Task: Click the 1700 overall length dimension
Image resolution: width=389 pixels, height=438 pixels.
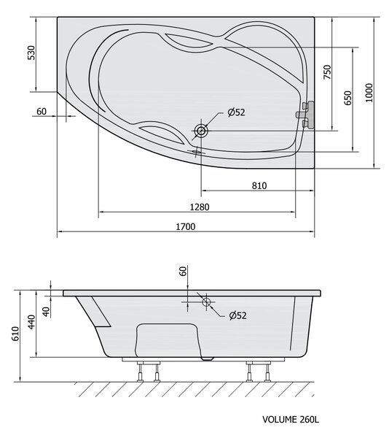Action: [186, 226]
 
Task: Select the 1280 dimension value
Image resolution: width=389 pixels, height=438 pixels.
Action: [200, 207]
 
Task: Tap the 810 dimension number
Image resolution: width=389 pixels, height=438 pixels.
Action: [259, 185]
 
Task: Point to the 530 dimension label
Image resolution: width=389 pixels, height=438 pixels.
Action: [31, 53]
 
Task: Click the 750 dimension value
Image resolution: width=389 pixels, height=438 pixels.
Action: [327, 72]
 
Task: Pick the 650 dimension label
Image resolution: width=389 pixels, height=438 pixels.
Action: [347, 98]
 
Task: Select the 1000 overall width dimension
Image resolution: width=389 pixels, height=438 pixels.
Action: [369, 93]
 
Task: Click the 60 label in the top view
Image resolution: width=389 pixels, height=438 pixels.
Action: [42, 112]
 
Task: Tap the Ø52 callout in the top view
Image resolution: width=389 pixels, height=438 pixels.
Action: [236, 112]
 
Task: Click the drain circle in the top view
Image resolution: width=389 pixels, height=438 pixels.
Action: [201, 131]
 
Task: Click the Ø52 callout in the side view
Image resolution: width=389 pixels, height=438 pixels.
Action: [238, 315]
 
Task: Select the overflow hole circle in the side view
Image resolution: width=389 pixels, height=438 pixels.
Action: [206, 302]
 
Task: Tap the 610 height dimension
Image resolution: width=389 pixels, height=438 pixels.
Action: [15, 334]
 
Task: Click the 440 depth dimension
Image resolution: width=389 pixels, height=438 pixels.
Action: [32, 322]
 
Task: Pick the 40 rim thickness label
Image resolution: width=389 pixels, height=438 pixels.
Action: [47, 312]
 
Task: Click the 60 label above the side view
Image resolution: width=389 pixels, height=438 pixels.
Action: [183, 272]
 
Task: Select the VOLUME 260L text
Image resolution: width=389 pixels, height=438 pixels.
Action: [291, 419]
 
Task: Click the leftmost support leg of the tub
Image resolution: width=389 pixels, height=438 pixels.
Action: [140, 372]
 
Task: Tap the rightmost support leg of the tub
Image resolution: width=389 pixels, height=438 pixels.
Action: [268, 372]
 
